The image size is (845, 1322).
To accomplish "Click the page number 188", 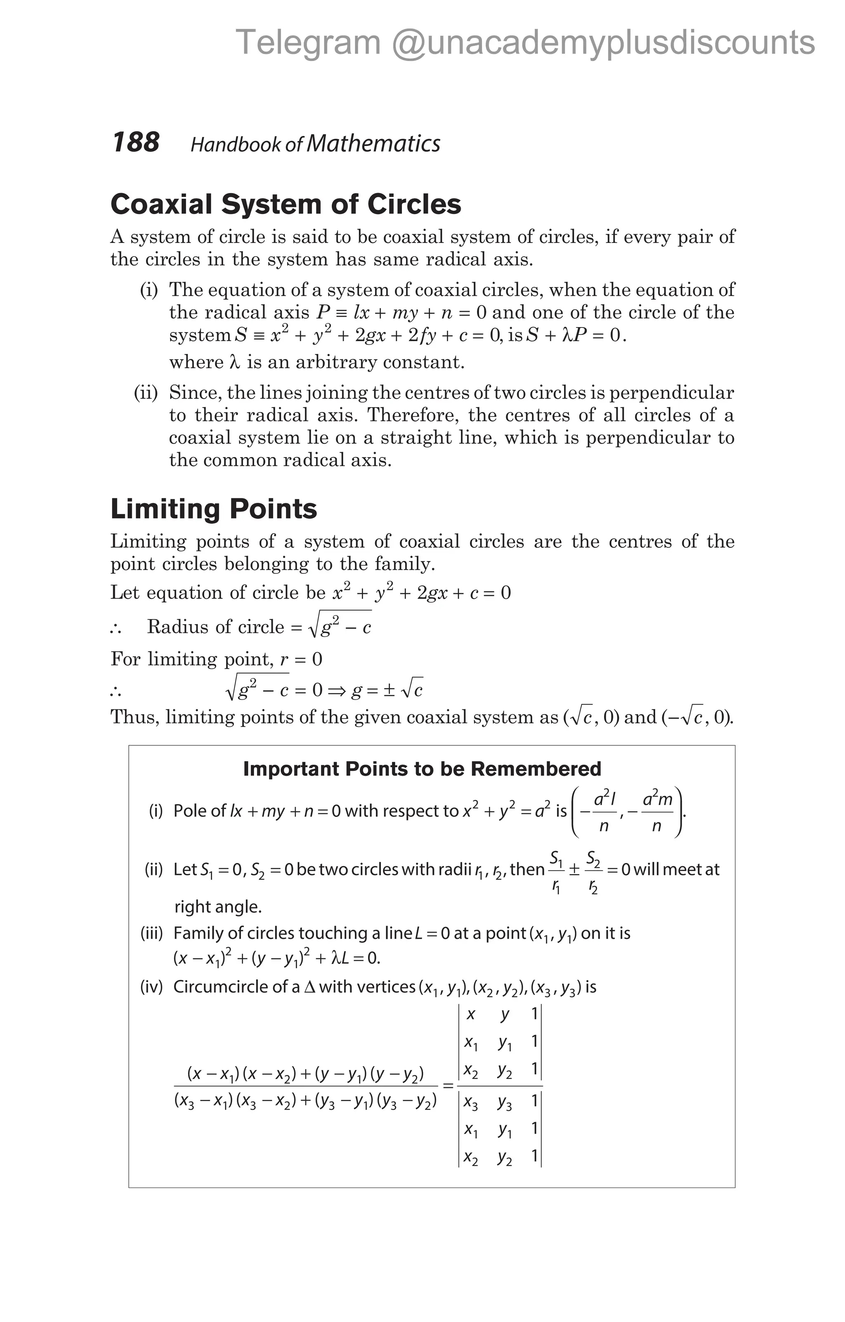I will point(136,142).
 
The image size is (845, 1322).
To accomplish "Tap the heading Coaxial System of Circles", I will point(286,204).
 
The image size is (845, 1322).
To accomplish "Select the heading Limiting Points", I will point(214,509).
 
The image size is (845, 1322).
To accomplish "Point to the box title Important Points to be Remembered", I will point(422,768).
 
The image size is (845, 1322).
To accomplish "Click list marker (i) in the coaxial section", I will point(149,290).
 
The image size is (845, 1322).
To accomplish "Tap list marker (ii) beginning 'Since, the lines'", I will point(146,393).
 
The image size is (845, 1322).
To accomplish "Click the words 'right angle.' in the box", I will point(217,907).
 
